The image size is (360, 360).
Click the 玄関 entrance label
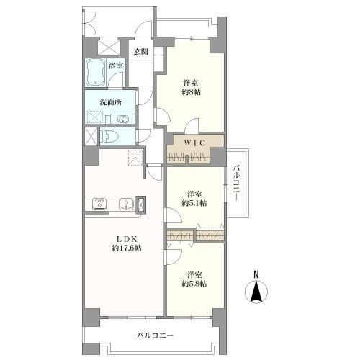[140, 52]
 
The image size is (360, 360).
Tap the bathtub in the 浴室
[95, 72]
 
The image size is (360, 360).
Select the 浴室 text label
[116, 66]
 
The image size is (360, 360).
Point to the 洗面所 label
[111, 102]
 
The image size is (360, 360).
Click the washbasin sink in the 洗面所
[124, 119]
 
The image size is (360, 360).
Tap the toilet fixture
[109, 138]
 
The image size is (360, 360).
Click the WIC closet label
[194, 143]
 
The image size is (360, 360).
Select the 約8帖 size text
[191, 92]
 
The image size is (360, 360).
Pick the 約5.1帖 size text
[194, 204]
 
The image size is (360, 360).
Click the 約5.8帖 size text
[194, 284]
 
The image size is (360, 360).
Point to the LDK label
[127, 239]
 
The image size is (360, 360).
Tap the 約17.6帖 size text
[127, 248]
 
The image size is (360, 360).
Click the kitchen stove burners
[99, 204]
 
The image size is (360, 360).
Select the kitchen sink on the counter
[125, 204]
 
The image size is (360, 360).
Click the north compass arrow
[256, 292]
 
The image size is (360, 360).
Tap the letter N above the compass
[256, 274]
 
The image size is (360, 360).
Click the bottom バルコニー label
[155, 336]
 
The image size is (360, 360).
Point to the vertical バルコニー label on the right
[236, 183]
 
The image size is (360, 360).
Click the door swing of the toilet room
[144, 136]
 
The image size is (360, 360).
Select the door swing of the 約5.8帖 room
[174, 257]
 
